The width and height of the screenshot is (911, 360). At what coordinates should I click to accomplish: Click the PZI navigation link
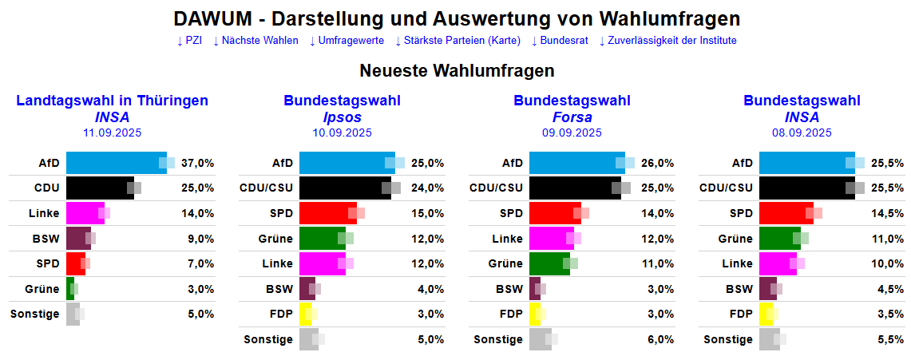tap(189, 41)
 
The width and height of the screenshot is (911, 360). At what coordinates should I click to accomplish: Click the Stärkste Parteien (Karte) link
tap(458, 41)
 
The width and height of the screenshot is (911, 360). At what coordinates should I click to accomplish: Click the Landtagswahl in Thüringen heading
tap(112, 101)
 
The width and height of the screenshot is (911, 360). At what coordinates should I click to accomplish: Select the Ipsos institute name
tap(342, 117)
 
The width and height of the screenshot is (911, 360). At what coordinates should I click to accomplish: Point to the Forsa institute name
tap(572, 117)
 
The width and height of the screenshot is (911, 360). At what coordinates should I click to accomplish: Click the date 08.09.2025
tap(802, 133)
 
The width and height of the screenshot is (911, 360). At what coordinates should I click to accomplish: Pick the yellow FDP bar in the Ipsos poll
tap(305, 314)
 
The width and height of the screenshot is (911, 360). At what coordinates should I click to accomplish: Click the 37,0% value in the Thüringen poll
tap(198, 163)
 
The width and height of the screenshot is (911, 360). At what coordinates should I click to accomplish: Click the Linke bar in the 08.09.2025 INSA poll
tap(776, 263)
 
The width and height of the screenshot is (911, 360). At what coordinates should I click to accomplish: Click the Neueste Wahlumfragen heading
tap(457, 71)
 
